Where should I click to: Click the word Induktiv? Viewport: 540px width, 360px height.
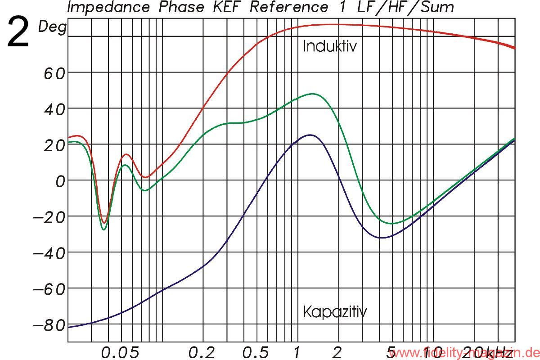click(330, 46)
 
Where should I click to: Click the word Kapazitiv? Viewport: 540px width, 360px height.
click(335, 311)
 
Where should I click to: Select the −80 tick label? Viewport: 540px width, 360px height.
click(49, 324)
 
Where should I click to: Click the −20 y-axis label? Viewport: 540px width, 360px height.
click(49, 216)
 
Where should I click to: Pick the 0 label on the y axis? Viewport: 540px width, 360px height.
click(60, 180)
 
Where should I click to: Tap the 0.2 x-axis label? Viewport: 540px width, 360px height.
click(202, 352)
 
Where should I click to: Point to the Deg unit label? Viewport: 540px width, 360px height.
click(52, 27)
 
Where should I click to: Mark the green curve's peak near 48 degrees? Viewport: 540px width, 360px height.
click(312, 94)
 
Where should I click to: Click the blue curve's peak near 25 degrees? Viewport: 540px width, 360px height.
click(310, 135)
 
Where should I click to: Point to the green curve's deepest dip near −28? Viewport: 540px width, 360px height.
click(104, 229)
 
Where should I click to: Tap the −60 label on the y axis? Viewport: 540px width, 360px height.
click(49, 288)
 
